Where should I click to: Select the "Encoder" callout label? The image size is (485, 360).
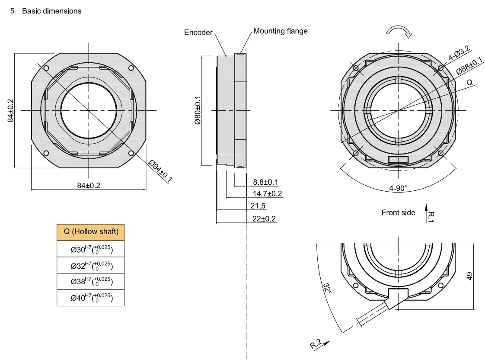(x=198, y=33)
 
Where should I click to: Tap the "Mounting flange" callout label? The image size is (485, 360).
(x=280, y=31)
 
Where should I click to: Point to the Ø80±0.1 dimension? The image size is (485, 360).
(x=198, y=110)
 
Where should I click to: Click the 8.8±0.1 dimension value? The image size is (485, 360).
(x=265, y=182)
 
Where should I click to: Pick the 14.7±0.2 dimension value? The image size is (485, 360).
(x=267, y=193)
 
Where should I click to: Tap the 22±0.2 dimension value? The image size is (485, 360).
(x=264, y=219)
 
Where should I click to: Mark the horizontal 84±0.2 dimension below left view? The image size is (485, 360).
(x=89, y=185)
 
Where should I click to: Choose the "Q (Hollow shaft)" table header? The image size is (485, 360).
(x=91, y=231)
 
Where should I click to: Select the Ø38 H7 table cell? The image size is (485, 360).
(x=91, y=281)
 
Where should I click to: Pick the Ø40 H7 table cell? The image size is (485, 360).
(x=91, y=297)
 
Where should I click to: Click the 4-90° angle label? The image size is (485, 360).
(x=398, y=189)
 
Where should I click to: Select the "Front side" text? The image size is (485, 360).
(x=398, y=212)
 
